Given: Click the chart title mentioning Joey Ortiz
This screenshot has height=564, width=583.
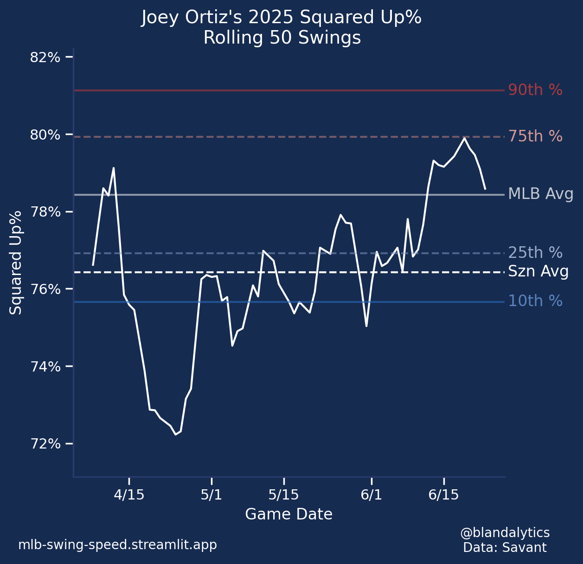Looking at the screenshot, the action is point(282,18).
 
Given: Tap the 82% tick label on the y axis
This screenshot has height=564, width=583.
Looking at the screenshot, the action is point(45,58).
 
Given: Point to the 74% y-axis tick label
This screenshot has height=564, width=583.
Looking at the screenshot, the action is point(45,367).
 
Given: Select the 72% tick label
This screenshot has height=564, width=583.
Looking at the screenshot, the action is point(45,444).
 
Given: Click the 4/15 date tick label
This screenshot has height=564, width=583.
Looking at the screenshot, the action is point(129,495).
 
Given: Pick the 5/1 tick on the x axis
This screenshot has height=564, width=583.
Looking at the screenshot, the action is point(211,495).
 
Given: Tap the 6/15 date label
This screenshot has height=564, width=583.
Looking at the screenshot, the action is point(443,495).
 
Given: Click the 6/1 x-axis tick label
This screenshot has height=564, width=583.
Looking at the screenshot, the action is point(371,495).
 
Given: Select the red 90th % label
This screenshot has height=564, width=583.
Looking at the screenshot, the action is point(535,90).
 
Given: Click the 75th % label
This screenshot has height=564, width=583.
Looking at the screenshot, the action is point(535,136).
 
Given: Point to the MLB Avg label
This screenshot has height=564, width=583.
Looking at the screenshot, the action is point(541,194).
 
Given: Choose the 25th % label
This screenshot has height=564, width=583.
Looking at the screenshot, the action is point(535,253).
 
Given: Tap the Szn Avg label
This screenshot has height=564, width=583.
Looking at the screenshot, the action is point(538,272).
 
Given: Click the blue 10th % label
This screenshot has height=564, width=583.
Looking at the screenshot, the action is point(535,301).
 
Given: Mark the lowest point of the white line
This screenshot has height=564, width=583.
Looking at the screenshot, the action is point(175,434).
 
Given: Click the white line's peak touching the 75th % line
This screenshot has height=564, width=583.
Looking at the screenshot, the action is point(464,138).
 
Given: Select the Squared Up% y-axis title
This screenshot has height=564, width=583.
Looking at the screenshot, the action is point(16,262).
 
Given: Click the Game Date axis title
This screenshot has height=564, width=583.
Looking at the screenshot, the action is point(288,514).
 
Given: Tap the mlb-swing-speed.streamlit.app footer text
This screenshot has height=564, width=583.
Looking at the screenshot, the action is point(117,545).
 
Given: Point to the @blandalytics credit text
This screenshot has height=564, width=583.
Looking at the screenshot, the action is point(505,532).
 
